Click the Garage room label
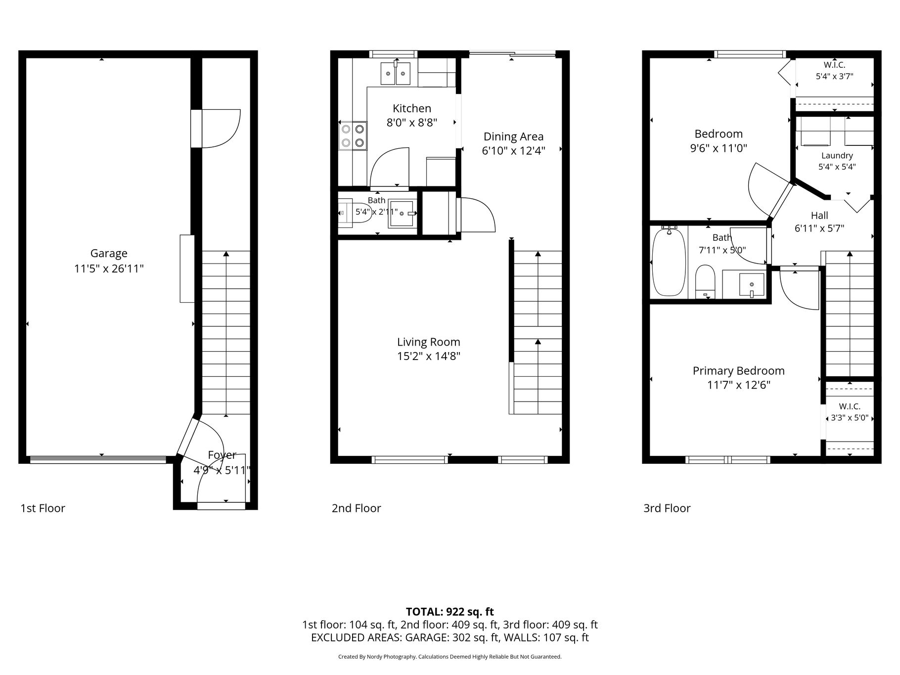pos(109,253)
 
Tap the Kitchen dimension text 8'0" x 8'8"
pos(412,123)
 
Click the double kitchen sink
pos(396,74)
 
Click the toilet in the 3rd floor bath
pos(705,282)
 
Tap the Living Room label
pos(429,342)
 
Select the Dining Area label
pos(513,136)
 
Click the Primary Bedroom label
pos(739,371)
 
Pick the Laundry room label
pos(837,156)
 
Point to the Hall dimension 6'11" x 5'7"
pos(819,228)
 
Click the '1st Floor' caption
pos(43,508)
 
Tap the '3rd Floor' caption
pos(667,508)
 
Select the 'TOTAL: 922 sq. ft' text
pos(450,612)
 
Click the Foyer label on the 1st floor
pos(222,455)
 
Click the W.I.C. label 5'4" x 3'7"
pos(834,65)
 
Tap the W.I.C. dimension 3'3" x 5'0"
pos(850,418)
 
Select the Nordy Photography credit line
pos(450,657)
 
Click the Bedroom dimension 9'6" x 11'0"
pos(719,148)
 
